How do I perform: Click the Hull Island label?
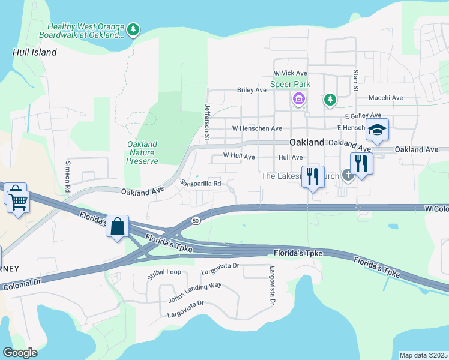pos(35,52)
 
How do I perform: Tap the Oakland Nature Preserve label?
pos(143,152)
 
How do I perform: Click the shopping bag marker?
pos(118,226)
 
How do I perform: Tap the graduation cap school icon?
pos(377,130)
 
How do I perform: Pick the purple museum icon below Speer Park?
pos(298,98)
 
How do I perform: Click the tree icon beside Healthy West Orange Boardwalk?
pos(133,29)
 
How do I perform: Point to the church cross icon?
pos(347,175)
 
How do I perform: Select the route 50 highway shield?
pos(196,221)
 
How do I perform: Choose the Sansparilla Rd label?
pos(201,183)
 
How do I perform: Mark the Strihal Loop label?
pos(164,272)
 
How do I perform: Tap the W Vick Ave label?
pos(291,73)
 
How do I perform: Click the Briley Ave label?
pos(252,90)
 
